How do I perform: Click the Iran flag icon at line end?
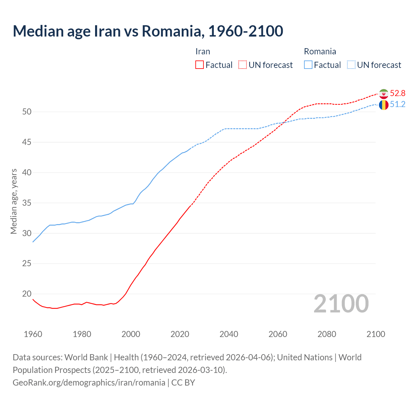coord(384,94)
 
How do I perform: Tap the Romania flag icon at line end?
coord(384,105)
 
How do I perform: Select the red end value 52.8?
coord(398,93)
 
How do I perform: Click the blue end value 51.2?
coord(398,104)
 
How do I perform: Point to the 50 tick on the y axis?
coord(27,112)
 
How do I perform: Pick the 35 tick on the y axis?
coord(27,203)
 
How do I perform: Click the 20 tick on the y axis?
coord(27,294)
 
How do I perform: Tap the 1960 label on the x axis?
coord(33,334)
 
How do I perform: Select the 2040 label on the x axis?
coord(229,334)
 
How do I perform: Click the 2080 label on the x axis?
coord(327,334)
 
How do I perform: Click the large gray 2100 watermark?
coord(341,304)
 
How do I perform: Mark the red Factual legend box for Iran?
coord(200,65)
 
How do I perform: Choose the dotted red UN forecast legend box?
coord(243,65)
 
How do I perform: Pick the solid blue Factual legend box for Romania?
coord(308,65)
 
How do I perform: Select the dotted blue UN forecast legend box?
coord(351,65)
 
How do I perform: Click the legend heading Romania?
coord(320,51)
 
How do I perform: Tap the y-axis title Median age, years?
coord(14,201)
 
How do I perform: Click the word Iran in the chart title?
coord(107,31)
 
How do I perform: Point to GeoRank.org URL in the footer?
coord(89,383)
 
